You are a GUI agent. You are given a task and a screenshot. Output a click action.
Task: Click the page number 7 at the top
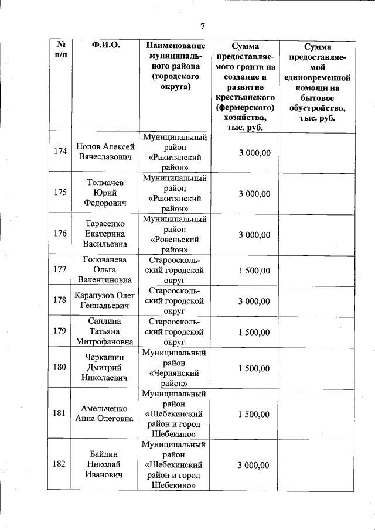click(x=202, y=26)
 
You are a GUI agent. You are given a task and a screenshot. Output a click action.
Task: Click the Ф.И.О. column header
click(x=106, y=46)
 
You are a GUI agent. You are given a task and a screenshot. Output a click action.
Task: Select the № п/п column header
click(x=60, y=50)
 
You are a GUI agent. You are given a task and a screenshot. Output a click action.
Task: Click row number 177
click(x=60, y=270)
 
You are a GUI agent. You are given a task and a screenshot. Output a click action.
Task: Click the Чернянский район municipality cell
click(x=176, y=368)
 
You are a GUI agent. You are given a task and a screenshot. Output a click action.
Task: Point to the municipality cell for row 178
click(x=176, y=300)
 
